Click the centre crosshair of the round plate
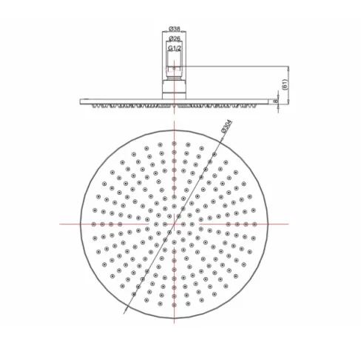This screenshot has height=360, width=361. point(174,223)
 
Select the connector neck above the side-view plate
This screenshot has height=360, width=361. point(174,83)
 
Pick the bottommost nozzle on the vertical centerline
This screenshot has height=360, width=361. point(174,305)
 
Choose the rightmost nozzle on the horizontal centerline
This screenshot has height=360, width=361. point(256,223)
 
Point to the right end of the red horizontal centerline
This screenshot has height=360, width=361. point(289,223)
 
